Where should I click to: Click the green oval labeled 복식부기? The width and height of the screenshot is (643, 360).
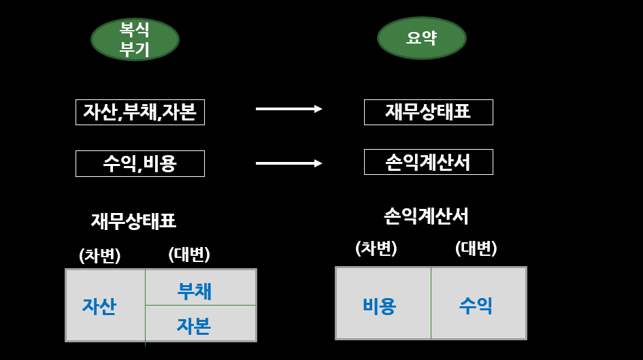coord(135,39)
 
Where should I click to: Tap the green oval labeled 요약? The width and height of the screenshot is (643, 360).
coord(421,38)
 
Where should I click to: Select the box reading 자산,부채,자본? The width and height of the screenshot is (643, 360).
coord(139,112)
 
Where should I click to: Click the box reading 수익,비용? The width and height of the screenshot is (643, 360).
coord(139,163)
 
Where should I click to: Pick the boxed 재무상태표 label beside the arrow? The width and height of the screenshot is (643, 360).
coord(428,112)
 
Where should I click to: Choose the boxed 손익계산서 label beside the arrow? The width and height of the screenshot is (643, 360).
coord(428,162)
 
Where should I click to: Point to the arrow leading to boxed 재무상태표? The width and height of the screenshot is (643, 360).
coord(288,109)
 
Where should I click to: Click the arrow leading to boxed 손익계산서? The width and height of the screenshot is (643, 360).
coord(288,163)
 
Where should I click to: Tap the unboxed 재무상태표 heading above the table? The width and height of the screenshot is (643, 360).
coord(133,220)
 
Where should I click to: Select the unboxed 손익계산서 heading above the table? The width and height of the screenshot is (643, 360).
coord(426,216)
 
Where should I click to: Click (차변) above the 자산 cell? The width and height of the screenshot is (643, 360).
coord(100,255)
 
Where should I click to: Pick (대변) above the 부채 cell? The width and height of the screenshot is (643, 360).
coord(189,255)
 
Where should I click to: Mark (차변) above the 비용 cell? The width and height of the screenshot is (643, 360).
coord(376,248)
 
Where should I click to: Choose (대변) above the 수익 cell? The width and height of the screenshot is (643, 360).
coord(476,248)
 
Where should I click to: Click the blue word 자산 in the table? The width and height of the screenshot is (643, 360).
coord(99,306)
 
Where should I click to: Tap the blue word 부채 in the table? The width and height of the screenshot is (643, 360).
coord(195,291)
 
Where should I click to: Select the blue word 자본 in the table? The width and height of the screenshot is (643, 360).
coord(194,326)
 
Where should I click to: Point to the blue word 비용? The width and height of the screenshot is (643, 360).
coord(380,306)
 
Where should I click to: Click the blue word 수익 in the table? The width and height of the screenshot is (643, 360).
coord(476,306)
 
